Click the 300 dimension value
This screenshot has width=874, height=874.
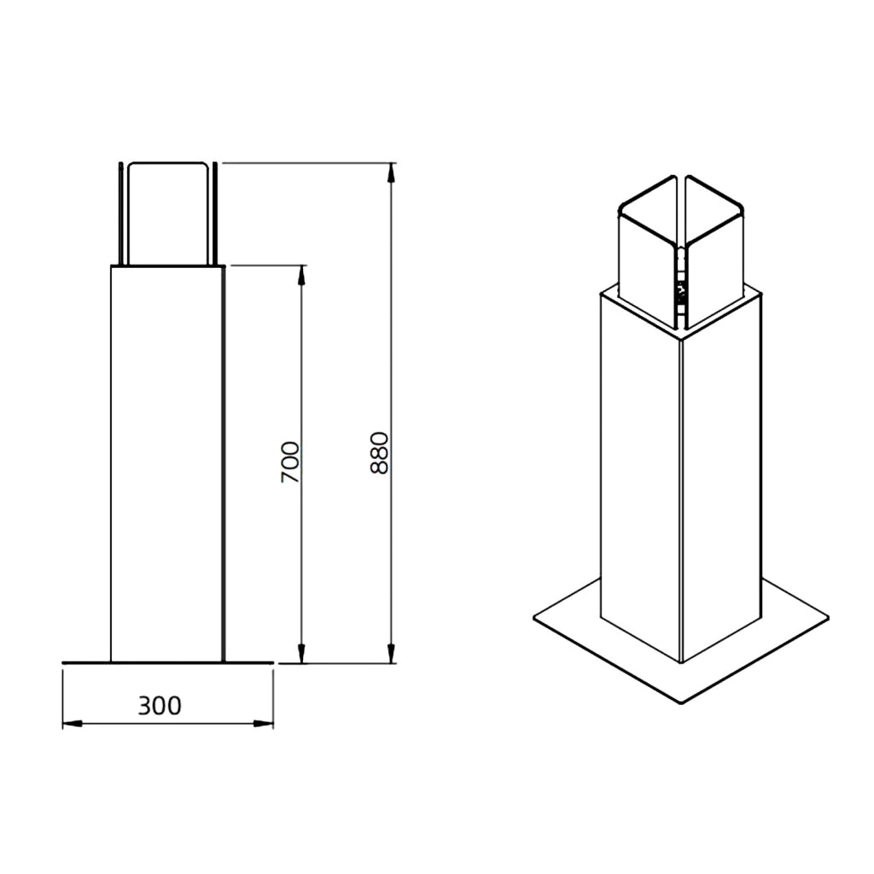click(160, 706)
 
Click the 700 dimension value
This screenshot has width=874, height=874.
click(290, 462)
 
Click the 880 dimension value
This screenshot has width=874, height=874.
click(379, 452)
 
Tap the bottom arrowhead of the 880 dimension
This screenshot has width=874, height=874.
click(391, 654)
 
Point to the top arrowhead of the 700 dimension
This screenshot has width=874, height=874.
click(301, 275)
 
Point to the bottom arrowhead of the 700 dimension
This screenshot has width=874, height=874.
click(301, 654)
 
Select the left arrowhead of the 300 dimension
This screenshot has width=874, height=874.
click(73, 724)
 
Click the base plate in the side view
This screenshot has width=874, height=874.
click(168, 662)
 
